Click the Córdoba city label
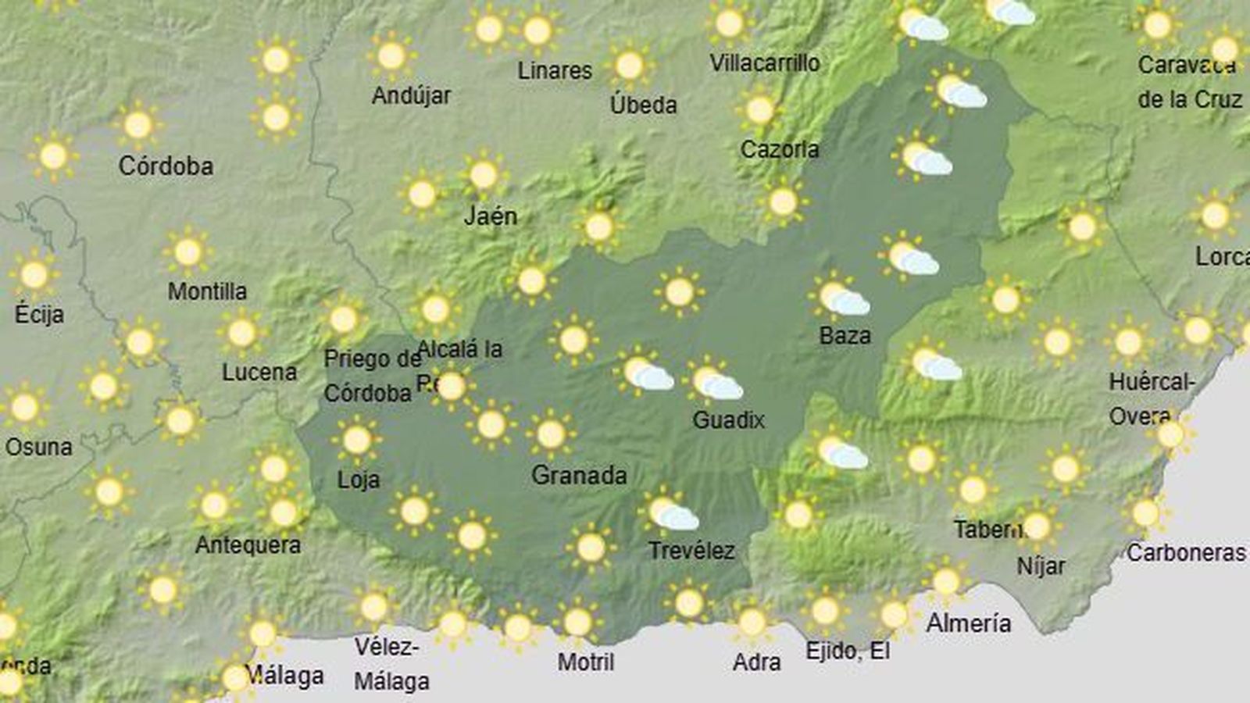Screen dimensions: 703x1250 [166, 166]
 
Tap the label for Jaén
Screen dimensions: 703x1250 [491, 216]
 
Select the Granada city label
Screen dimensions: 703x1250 [579, 475]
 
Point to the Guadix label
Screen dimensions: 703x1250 [728, 420]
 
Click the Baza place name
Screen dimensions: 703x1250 [845, 336]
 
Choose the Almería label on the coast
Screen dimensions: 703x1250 [969, 623]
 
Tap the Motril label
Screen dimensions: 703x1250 [586, 662]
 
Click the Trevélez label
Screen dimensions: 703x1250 [691, 551]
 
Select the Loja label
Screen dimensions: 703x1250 [359, 480]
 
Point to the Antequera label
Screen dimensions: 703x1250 [248, 544]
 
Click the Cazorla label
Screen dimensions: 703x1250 [780, 149]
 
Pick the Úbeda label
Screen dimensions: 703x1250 [643, 105]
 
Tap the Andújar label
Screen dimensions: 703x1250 [411, 96]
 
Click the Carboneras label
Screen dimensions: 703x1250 [1185, 553]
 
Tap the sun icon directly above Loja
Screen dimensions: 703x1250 [357, 440]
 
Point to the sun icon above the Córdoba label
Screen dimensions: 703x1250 [138, 125]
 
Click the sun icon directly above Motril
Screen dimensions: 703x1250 [577, 623]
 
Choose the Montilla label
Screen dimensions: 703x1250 [207, 292]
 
